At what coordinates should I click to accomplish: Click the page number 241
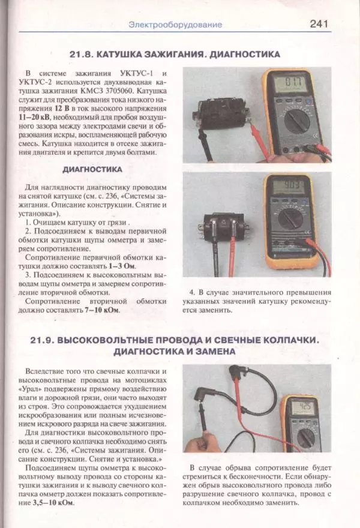(318, 24)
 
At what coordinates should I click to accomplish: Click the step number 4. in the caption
(193, 292)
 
